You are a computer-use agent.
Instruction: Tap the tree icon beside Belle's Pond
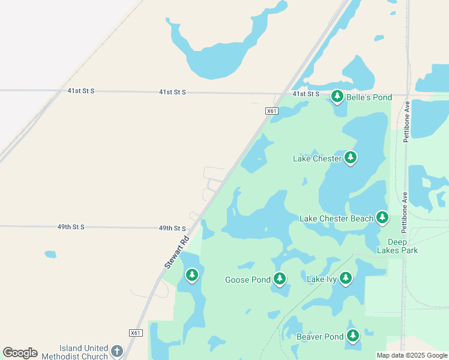pos(337,96)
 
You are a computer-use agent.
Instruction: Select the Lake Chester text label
pos(317,159)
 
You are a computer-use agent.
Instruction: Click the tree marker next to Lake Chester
pos(351,158)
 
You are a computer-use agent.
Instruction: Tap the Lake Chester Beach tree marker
pos(382,217)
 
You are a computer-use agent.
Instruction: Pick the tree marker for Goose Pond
pos(280,278)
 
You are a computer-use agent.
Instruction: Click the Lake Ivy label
pos(322,279)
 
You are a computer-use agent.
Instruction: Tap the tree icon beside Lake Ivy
pos(345,278)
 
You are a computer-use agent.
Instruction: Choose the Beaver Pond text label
pos(320,337)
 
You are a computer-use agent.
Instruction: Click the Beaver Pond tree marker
pos(353,335)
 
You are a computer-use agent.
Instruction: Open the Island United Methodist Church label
pos(83,352)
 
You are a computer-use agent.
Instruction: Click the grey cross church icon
pos(117,351)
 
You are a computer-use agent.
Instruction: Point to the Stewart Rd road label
pos(176,251)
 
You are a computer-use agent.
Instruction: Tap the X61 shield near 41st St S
pos(272,111)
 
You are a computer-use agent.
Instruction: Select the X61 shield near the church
pos(136,333)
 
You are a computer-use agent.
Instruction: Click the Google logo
pos(20,353)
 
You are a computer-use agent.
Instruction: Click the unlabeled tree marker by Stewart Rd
pos(192,275)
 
